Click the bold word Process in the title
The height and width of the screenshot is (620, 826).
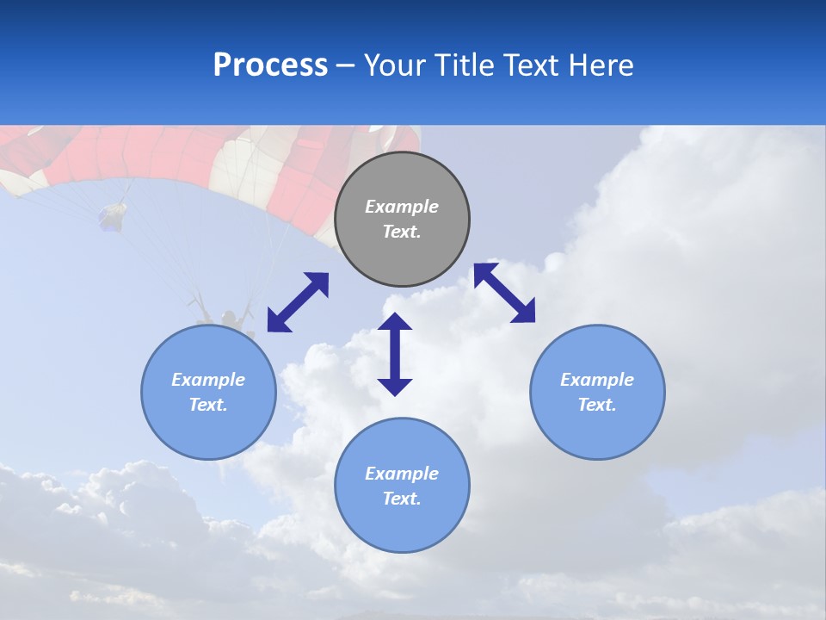270,65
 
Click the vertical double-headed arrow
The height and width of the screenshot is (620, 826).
395,354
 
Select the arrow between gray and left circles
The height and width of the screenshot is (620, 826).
298,302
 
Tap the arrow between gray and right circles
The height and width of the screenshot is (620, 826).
504,293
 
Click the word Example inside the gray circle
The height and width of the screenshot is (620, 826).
402,207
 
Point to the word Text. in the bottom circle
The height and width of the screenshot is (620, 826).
402,499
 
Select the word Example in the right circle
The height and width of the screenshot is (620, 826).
597,380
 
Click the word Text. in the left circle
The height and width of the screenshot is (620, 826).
208,405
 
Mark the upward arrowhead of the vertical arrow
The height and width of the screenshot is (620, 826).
395,324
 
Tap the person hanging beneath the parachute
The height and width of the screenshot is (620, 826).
229,320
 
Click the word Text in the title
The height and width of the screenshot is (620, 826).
531,65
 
